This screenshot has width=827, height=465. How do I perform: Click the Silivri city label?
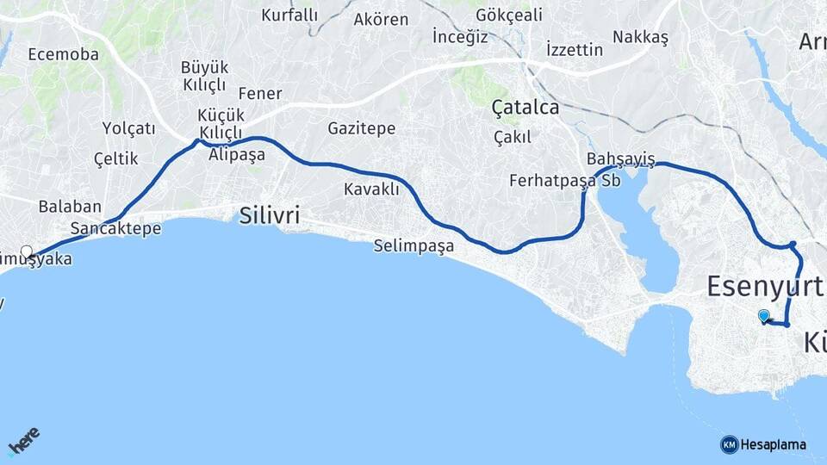tap(269, 215)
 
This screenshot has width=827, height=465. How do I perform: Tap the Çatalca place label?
tap(525, 108)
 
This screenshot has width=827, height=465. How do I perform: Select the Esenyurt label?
tap(765, 286)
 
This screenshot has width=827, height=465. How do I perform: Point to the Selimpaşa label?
tap(413, 246)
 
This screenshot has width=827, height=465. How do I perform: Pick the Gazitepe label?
tap(361, 128)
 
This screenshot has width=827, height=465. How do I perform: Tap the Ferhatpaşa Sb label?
tap(565, 181)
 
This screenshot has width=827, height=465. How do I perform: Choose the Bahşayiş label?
tap(621, 159)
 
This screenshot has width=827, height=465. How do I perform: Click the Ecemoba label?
tap(63, 54)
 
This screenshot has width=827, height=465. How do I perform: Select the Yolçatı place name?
tap(129, 128)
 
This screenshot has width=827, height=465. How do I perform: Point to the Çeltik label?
tap(116, 159)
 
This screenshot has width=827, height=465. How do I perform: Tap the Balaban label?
tap(70, 207)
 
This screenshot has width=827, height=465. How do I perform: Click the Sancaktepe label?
tap(116, 228)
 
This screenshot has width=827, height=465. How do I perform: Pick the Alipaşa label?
tap(237, 155)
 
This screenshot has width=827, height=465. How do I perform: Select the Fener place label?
tap(259, 93)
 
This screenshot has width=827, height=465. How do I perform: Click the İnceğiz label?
tap(460, 37)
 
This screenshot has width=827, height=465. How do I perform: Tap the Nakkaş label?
tap(640, 37)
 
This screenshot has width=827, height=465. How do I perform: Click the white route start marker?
tap(27, 252)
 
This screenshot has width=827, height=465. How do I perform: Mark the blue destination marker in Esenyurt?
tap(763, 316)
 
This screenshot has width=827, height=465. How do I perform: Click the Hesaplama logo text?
tap(773, 444)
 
